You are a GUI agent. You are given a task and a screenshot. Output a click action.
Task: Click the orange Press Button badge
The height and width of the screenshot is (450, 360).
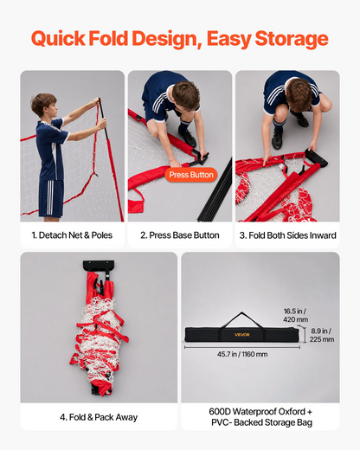pos(191,175)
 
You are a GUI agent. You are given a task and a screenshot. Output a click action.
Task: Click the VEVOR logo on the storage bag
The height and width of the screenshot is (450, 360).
pos(241,335)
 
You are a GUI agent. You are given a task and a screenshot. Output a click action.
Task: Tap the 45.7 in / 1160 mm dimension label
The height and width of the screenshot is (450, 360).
pos(242,354)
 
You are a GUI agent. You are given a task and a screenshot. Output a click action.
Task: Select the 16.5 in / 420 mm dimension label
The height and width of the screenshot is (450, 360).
pos(296,315)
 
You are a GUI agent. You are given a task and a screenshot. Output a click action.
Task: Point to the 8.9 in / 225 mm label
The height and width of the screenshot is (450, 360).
pos(322,335)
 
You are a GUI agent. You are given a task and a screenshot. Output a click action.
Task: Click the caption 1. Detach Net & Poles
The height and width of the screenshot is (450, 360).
pos(72,235)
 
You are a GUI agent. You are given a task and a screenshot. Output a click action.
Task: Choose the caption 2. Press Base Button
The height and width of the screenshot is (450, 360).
pos(180,235)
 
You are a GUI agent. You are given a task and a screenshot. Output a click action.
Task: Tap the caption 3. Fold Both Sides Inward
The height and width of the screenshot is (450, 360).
pos(287,235)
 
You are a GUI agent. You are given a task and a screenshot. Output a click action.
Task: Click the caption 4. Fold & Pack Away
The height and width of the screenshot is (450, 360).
pos(99,417)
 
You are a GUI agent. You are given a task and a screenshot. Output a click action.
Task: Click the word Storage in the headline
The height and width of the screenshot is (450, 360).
pos(292,39)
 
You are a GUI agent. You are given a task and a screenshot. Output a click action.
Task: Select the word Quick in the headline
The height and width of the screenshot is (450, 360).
pos(58,39)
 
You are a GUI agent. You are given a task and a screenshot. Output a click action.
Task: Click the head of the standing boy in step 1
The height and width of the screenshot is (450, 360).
pos(44,105)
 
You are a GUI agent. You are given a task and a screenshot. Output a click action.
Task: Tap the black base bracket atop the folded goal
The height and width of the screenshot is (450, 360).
pos(99,266)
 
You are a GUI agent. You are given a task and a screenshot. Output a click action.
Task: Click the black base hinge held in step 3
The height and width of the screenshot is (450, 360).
pos(316,157)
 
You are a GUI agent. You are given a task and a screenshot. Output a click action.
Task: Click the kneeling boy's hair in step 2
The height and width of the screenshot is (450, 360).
pos(186,94)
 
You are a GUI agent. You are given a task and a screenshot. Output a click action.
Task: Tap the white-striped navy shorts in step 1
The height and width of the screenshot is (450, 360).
pos(51,198)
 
